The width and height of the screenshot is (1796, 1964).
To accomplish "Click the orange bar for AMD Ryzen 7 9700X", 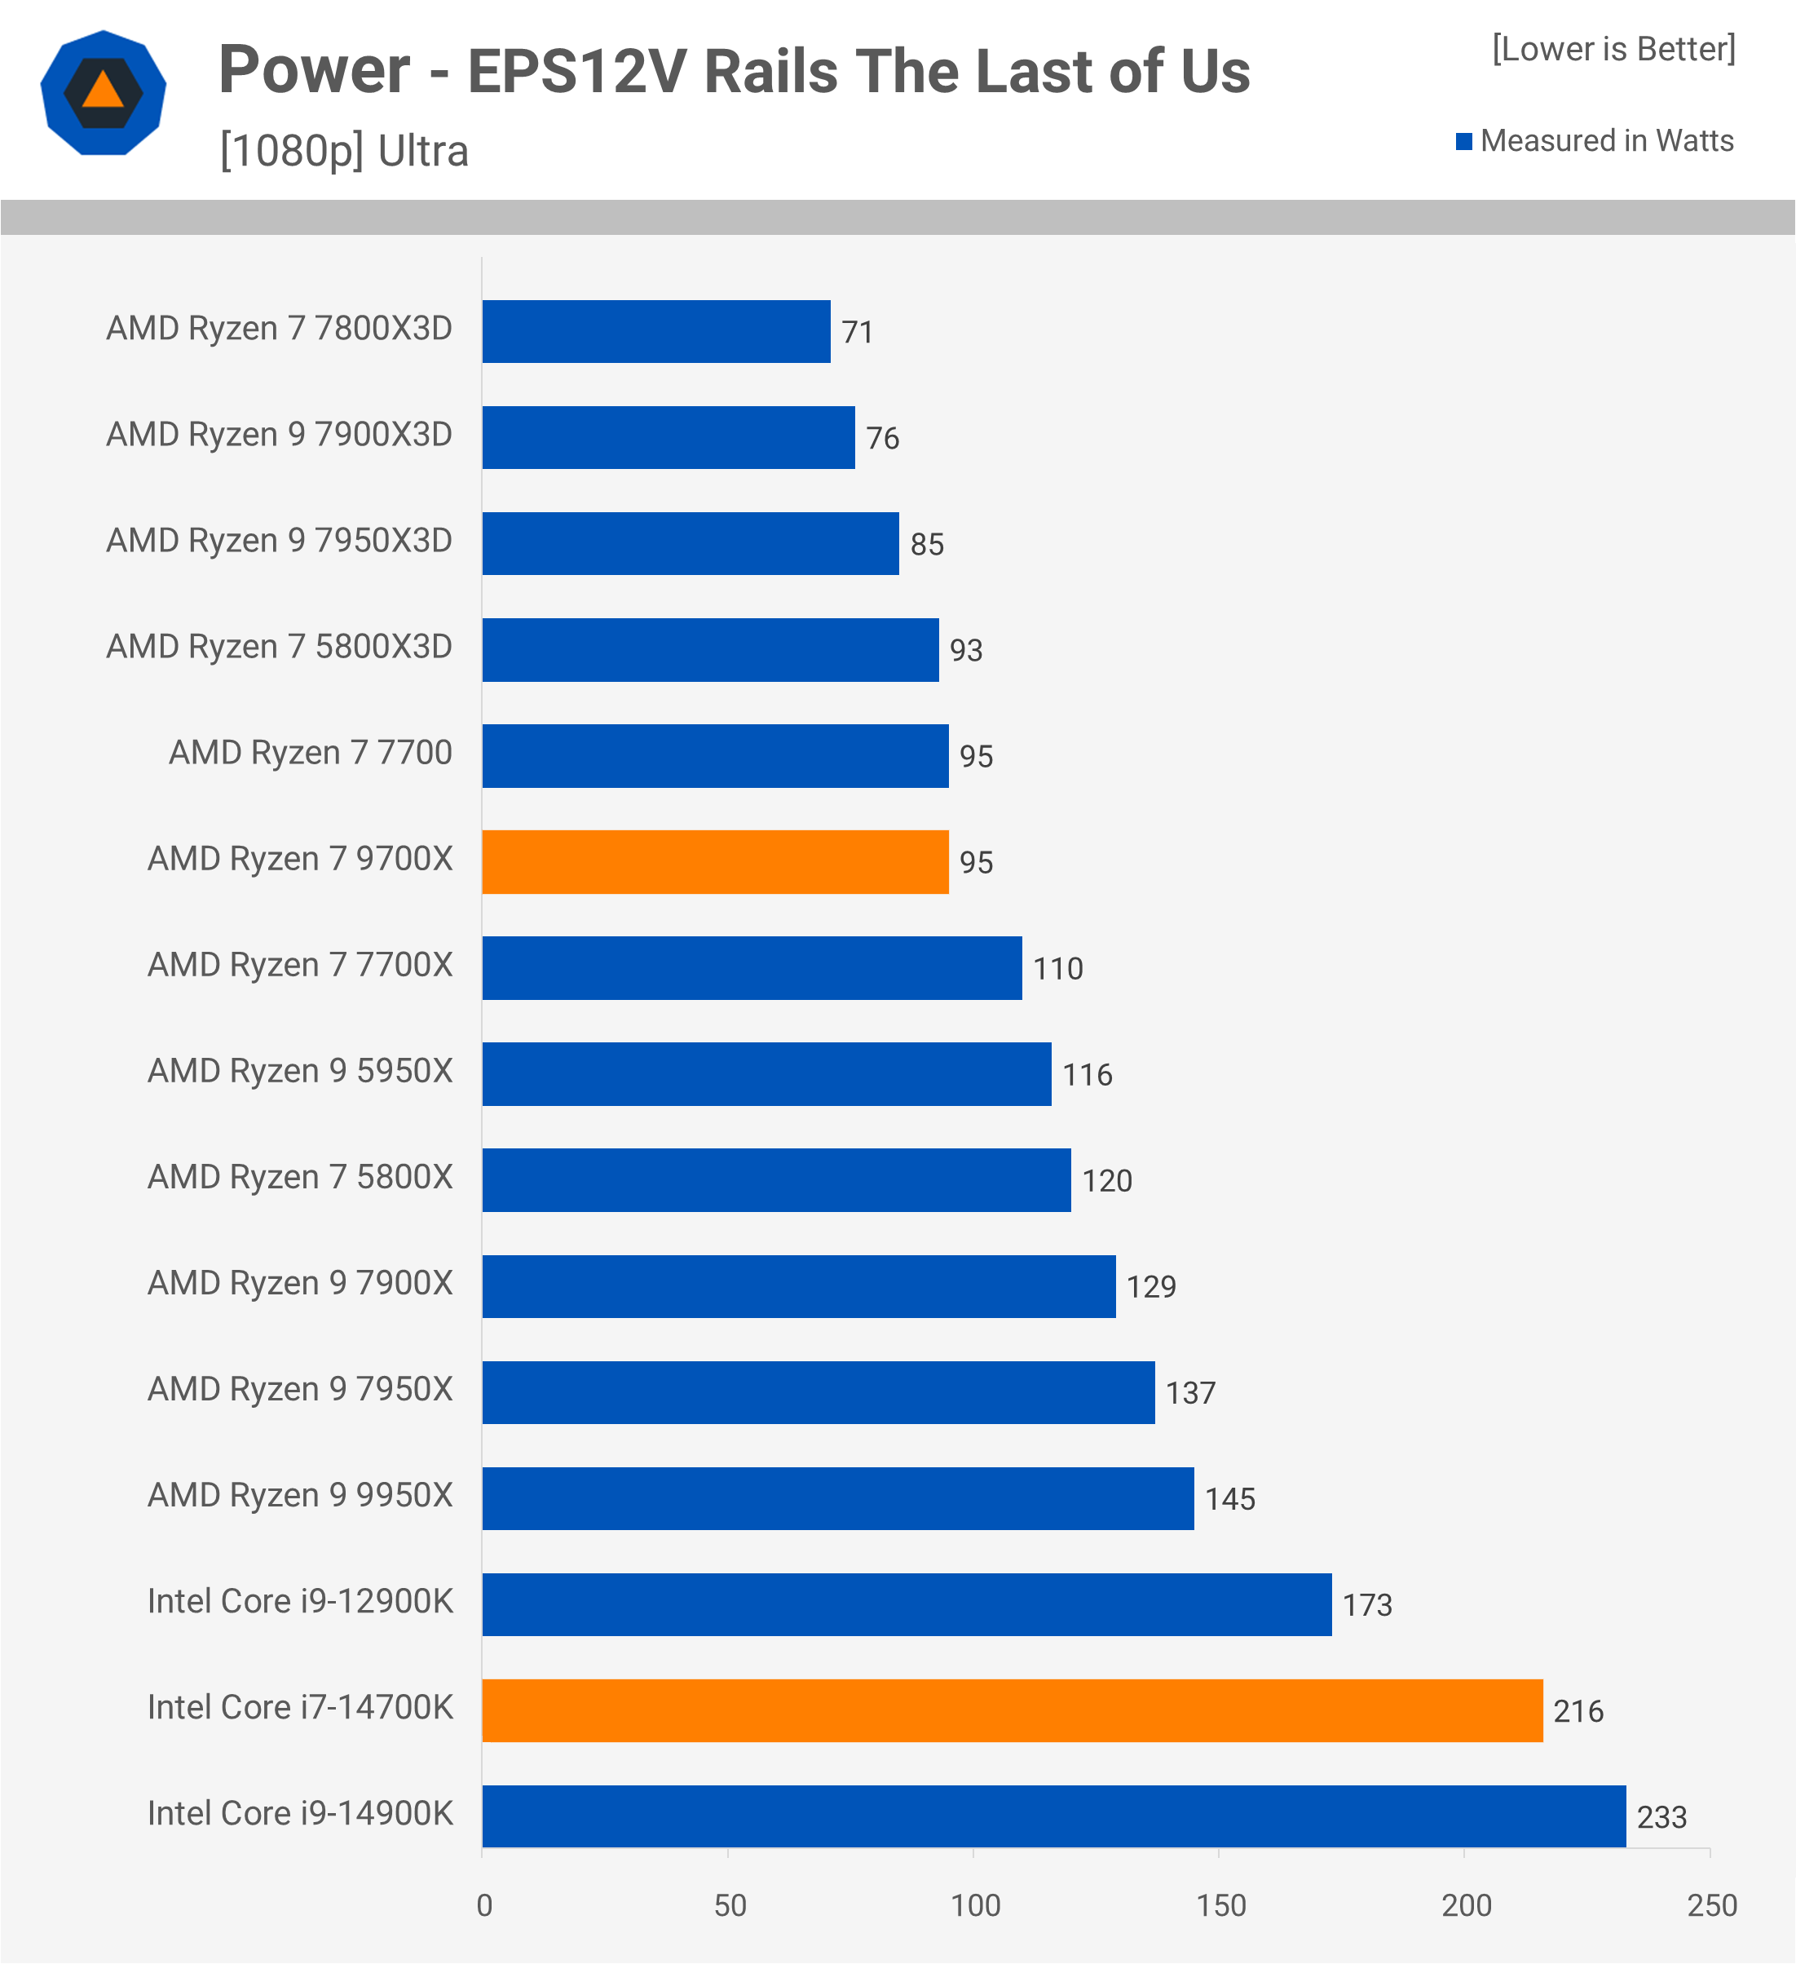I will pos(715,861).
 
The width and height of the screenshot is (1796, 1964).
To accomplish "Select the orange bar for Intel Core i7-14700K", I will pos(1012,1710).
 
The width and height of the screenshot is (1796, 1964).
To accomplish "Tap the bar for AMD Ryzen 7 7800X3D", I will pos(655,331).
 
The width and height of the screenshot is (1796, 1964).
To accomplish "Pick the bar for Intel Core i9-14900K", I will pos(1054,1816).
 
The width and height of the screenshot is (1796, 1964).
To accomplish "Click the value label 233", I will pos(1661,1817).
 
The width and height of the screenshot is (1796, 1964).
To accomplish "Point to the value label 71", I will pos(857,332).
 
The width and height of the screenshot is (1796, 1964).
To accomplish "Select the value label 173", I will pos(1367,1604).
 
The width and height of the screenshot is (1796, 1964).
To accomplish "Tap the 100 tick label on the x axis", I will pos(975,1904).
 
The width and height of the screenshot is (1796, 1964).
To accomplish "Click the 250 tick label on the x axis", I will pos(1711,1904).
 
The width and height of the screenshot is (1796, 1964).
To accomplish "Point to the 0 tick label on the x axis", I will pos(484,1904).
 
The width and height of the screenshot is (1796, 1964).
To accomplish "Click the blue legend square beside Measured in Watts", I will pos(1463,141).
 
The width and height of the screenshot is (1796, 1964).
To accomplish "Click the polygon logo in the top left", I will pos(104,92).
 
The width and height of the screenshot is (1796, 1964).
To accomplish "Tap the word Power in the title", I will pos(314,70).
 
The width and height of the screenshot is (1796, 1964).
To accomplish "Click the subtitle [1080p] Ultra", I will pos(344,151).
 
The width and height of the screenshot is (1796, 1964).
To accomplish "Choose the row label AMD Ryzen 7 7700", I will pos(310,752).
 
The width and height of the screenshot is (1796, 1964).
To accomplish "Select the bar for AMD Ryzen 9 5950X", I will pos(766,1073).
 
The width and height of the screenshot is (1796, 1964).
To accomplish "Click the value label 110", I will pos(1057,968).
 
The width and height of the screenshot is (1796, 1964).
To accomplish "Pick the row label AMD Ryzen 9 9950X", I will pos(300,1494).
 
